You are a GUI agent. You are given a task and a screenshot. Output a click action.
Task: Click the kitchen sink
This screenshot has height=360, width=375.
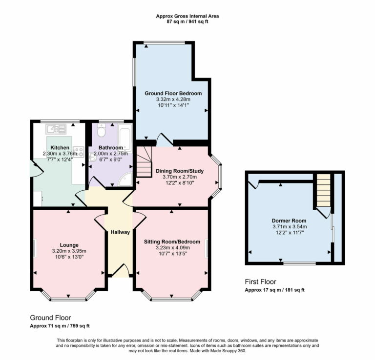[x=53, y=129]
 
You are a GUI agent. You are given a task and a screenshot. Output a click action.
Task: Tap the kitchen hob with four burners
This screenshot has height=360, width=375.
[x=78, y=151]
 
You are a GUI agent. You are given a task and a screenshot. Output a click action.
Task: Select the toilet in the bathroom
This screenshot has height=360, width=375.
[x=101, y=131]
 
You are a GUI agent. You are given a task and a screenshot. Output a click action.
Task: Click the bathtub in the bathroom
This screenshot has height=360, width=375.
[x=125, y=137]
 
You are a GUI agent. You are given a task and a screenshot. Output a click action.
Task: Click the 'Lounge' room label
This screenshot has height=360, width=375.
[x=70, y=245]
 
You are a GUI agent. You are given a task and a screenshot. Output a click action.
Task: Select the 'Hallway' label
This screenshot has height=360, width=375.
[x=120, y=232]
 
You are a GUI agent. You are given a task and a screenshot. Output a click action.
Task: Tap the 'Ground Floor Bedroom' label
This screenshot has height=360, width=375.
[x=173, y=93]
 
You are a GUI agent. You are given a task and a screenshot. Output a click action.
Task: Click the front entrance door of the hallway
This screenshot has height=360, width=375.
[x=120, y=271]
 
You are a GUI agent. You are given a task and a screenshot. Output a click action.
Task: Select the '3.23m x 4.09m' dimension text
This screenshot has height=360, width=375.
[x=172, y=247]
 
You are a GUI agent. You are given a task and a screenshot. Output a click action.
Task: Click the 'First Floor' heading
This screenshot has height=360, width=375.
[x=260, y=281]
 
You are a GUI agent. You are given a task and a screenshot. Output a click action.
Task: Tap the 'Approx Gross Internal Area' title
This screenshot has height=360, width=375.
[x=187, y=16]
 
